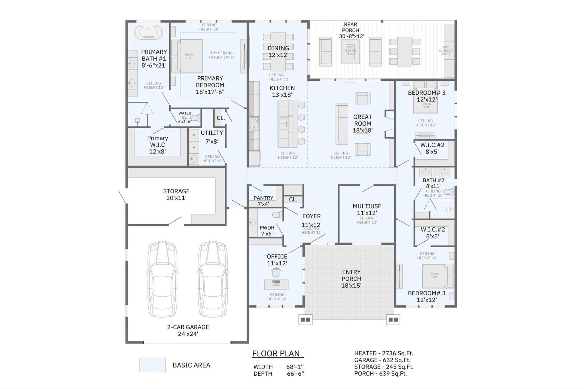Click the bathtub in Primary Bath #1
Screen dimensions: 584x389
[148, 32]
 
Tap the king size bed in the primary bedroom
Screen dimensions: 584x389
[187, 56]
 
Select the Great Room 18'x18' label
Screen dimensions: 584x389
[362, 124]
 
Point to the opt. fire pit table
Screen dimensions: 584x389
[350, 51]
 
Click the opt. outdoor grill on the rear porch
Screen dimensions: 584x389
[449, 50]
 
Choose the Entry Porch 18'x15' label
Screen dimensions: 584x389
[351, 279]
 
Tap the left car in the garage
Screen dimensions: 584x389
[162, 279]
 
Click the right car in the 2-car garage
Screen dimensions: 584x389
[213, 279]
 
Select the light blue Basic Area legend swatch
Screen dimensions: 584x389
[152, 365]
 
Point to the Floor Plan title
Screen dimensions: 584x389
[276, 353]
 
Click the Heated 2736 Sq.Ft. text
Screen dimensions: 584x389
[384, 353]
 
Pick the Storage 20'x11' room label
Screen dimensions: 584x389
[176, 194]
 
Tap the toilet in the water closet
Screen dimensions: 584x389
[195, 118]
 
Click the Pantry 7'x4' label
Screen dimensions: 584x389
[263, 201]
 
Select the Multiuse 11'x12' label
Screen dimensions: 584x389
[367, 209]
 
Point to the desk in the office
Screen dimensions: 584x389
[276, 284]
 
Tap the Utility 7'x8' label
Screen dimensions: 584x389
[212, 137]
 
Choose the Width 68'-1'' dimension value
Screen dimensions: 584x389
[295, 367]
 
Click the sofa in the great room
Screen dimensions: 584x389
[342, 124]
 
